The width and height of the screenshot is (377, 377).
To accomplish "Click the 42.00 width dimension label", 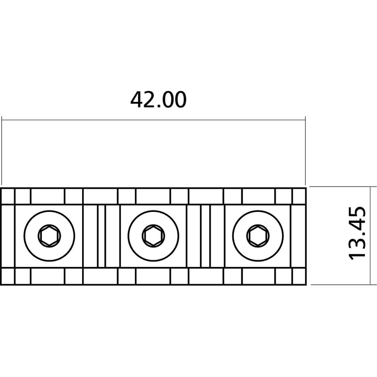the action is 158,100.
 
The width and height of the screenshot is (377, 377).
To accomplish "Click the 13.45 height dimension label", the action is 357,233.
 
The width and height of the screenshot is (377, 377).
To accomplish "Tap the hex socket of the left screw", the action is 49,236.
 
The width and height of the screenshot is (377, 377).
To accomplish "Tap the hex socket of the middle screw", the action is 153,236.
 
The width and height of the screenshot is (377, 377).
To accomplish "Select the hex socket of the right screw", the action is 258,236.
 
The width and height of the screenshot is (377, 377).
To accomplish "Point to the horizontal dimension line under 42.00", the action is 153,120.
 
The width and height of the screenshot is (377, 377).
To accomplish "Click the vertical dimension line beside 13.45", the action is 369,235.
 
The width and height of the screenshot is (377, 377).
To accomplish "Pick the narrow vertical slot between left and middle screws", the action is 101,236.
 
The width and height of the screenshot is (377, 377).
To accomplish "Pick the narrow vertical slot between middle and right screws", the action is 206,236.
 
